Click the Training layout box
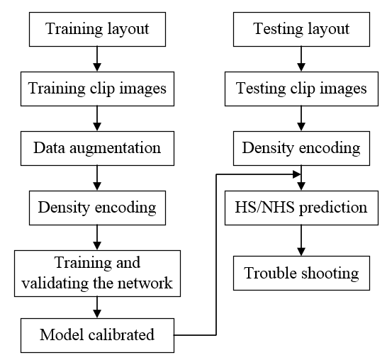97,29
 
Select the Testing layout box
301,29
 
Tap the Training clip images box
97,89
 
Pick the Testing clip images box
301,89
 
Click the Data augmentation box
97,148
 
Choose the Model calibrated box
97,335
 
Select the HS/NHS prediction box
301,208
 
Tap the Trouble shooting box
301,273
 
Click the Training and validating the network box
97,274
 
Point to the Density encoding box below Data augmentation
97,208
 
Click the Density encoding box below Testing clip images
301,148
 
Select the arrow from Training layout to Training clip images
97,59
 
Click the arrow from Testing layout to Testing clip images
301,59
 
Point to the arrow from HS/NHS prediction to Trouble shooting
301,240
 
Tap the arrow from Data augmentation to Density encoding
97,178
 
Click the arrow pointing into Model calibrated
97,308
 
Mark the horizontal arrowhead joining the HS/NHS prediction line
297,174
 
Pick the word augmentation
116,149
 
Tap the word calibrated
121,334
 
